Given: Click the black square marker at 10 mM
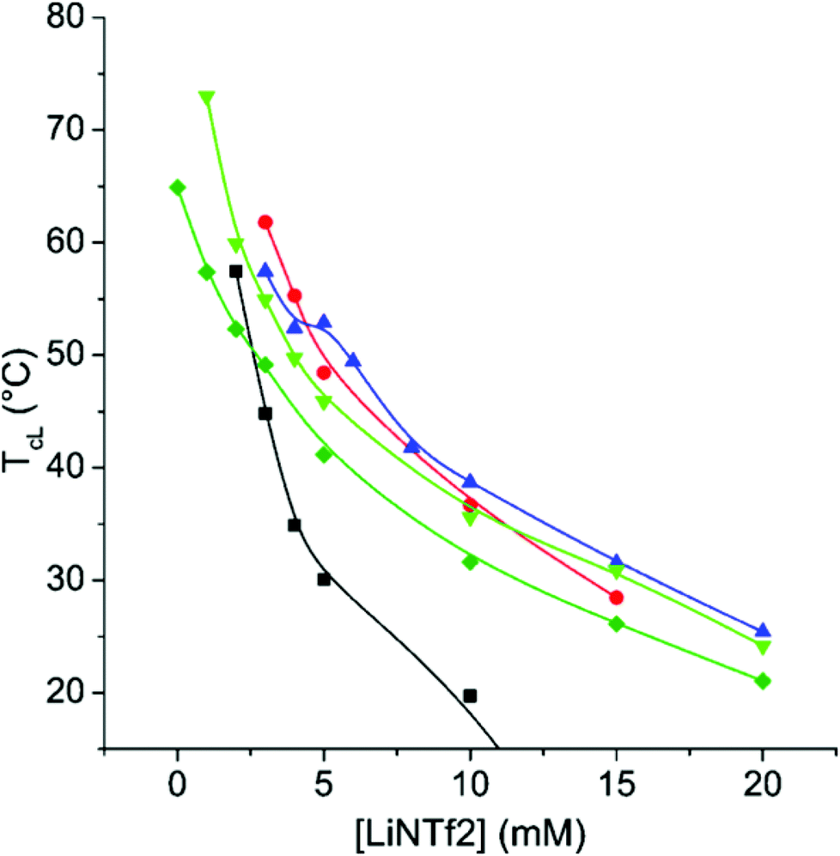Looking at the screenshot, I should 470,695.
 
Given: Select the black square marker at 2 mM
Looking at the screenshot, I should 236,271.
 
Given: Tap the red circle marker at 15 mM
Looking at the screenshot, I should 616,598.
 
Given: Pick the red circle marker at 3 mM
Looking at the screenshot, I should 265,222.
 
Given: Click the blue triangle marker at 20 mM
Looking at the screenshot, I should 762,631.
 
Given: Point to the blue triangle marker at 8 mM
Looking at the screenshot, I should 412,446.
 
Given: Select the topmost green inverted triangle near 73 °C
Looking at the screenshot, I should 207,97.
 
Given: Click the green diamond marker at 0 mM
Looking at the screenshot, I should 178,187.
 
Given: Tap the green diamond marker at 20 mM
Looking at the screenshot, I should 762,681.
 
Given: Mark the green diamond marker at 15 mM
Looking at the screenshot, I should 616,623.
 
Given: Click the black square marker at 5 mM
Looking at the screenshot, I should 324,580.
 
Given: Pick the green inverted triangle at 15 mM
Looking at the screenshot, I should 616,572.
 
